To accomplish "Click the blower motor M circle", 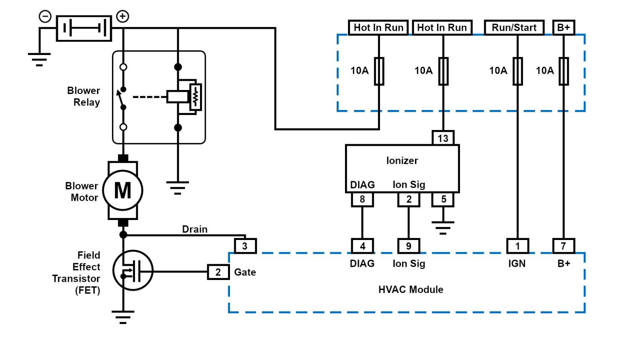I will pos(123,190).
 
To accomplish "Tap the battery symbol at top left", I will pos(84,28).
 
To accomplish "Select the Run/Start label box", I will pos(514,27).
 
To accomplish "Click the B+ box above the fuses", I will pos(563,27).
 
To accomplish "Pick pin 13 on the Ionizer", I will pos(443,138).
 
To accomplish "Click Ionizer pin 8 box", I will pos(362,200).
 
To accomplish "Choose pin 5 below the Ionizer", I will pos(443,200).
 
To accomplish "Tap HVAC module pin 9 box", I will pos(408,246).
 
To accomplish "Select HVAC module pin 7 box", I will pos(563,246).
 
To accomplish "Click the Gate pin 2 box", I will pos(218,272).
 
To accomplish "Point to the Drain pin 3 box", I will pos(245,246).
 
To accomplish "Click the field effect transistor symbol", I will pos(133,271).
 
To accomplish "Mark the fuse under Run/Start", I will pos(517,71).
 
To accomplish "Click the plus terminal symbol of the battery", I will pos(122,16).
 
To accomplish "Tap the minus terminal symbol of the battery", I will pos(45,16).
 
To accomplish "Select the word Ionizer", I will pos(402,160).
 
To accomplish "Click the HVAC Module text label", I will pos(410,290).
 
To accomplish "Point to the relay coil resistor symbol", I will pos(195,97).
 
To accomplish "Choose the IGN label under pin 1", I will pos(517,263).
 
